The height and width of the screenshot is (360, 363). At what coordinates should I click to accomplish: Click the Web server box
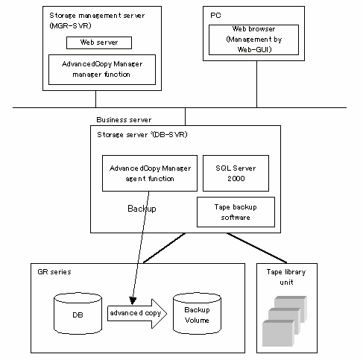pyautogui.click(x=99, y=42)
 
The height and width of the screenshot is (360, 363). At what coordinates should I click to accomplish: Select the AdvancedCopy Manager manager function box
pyautogui.click(x=102, y=69)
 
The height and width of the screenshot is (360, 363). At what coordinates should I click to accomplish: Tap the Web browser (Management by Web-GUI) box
pyautogui.click(x=253, y=40)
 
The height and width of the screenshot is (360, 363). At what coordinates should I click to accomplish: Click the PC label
pyautogui.click(x=215, y=16)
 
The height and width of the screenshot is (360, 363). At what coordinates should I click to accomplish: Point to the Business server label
pyautogui.click(x=124, y=120)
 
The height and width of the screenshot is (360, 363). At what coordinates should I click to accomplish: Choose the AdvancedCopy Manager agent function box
pyautogui.click(x=150, y=173)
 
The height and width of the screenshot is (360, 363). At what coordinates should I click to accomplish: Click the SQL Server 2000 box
pyautogui.click(x=236, y=173)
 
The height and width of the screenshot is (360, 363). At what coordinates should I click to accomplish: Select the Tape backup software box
pyautogui.click(x=236, y=212)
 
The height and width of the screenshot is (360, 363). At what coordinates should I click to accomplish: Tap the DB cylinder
pyautogui.click(x=78, y=314)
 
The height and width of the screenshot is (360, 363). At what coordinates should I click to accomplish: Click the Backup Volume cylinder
pyautogui.click(x=197, y=314)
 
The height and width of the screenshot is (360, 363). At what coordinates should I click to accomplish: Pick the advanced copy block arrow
pyautogui.click(x=137, y=314)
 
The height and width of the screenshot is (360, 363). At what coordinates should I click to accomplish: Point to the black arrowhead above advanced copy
pyautogui.click(x=133, y=300)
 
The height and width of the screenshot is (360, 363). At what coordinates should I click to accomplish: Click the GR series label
pyautogui.click(x=54, y=272)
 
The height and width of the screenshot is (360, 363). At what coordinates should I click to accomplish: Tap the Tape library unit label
pyautogui.click(x=286, y=277)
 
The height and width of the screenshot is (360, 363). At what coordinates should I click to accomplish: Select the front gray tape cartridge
pyautogui.click(x=278, y=333)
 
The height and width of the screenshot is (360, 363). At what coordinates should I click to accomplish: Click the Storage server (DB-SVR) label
pyautogui.click(x=142, y=135)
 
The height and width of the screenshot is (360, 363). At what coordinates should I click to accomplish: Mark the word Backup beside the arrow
pyautogui.click(x=142, y=209)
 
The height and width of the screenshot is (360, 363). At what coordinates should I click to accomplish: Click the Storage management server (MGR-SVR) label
pyautogui.click(x=97, y=20)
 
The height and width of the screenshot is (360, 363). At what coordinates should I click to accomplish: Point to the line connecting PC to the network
pyautogui.click(x=256, y=84)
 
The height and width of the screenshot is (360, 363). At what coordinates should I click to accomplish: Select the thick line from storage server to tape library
pyautogui.click(x=256, y=247)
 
